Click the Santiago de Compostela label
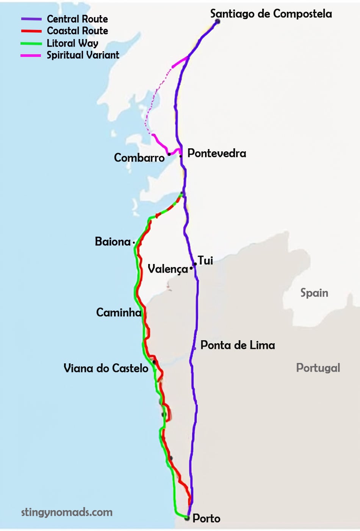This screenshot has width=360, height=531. coord(271,14)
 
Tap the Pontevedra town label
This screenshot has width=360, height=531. coord(217,153)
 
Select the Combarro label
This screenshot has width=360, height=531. coord(139,158)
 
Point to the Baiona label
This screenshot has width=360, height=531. coord(113,242)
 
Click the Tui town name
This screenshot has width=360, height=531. coord(205,261)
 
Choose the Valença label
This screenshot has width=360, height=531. coord(167,269)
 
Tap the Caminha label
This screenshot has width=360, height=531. coord(119,313)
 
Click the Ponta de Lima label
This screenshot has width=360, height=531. coord(238,345)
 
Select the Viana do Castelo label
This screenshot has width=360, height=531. coord(106,368)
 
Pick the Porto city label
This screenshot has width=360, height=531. coord(207,518)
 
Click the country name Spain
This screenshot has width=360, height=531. coord(314,293)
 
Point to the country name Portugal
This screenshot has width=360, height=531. coord(318,368)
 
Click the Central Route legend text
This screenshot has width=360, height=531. coord(77,19)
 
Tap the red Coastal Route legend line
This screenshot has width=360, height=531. coord(31,31)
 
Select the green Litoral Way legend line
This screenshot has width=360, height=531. coord(31,44)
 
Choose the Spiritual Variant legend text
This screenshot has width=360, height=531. coord(83,55)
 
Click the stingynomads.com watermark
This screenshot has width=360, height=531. coord(67,512)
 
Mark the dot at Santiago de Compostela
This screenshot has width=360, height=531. coord(218,21)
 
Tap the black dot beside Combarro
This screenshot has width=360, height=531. coord(169,154)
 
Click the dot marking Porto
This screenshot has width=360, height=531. coord(187,518)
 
